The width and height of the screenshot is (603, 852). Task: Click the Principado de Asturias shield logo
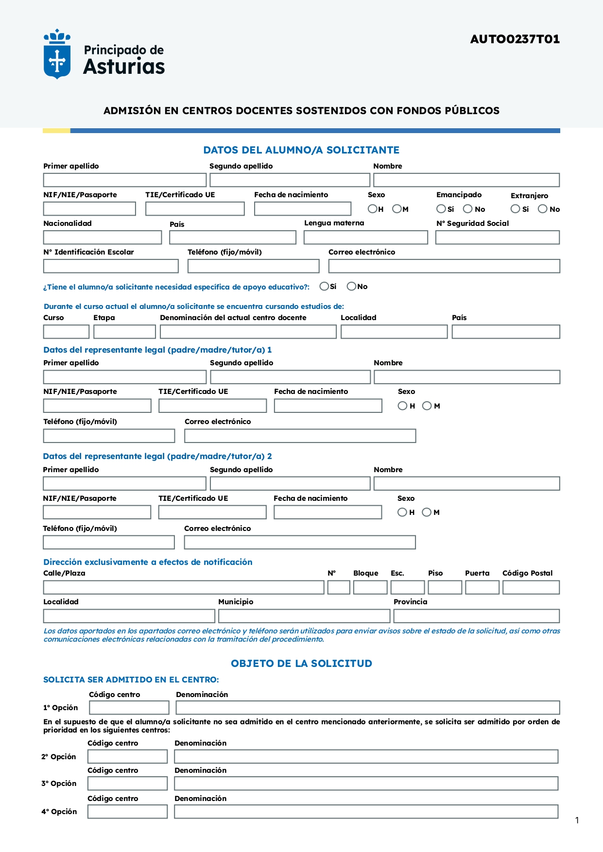point(57,54)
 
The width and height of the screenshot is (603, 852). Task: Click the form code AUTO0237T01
point(515,39)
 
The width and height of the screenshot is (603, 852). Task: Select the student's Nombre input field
point(466,180)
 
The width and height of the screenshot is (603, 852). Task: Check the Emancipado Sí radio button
point(441,209)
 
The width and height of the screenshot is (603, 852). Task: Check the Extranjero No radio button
point(542,209)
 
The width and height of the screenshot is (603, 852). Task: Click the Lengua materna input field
point(365,238)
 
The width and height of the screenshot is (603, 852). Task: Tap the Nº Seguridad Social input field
point(497,238)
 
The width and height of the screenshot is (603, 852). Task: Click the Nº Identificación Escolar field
point(111,266)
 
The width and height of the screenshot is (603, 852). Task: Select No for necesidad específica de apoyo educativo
point(351,287)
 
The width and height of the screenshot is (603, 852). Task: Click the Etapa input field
point(124,332)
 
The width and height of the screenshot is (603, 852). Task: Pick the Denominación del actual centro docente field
point(248,332)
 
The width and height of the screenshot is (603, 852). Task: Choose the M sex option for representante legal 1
point(427,406)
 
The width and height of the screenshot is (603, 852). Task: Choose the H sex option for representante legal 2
point(402,512)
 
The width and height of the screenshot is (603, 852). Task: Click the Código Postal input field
point(531,587)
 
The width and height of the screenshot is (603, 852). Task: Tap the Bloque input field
point(370,587)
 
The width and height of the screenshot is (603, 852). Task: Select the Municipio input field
point(304,616)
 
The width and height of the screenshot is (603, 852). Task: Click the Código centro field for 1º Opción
point(129,707)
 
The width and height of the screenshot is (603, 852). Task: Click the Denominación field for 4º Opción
point(366,811)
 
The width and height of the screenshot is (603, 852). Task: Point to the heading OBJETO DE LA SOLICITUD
point(301,664)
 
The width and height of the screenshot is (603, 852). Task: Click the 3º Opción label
point(59,784)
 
